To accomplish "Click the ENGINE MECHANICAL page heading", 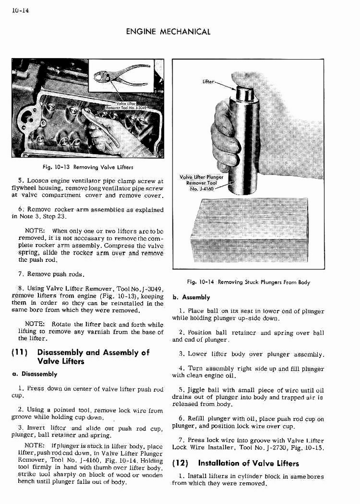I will coord(168,32).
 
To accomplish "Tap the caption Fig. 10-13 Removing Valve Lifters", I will coord(88,167).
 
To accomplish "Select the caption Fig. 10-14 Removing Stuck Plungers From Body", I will coord(248,282).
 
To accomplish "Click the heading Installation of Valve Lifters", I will coord(248,463).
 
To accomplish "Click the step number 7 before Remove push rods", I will coord(20,273).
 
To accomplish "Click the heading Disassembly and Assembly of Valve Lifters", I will coord(93,357).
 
